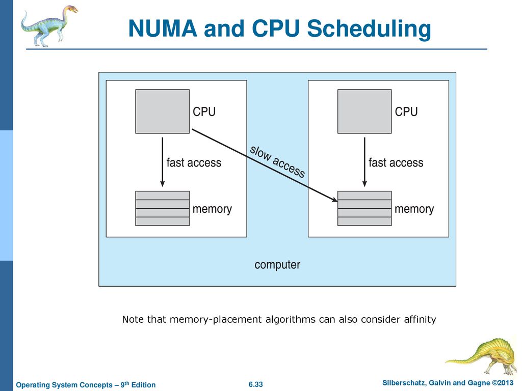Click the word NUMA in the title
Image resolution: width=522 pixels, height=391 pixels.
[163, 29]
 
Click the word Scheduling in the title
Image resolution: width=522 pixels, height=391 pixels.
[369, 29]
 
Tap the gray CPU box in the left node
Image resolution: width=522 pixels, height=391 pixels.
[163, 111]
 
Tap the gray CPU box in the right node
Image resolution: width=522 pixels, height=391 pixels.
[364, 111]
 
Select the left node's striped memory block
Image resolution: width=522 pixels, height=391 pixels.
[163, 208]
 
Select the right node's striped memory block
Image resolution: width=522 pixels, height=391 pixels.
[364, 208]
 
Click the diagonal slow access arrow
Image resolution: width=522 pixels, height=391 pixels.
[265, 165]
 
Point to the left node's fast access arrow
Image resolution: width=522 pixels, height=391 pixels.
[163, 162]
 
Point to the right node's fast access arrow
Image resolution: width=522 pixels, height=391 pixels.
[364, 162]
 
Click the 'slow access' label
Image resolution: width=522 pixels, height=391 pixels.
[277, 161]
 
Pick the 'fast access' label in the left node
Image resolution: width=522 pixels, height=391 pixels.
[194, 162]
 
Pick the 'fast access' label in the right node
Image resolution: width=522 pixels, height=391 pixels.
[396, 162]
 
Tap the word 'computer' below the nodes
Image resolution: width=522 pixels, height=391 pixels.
[277, 265]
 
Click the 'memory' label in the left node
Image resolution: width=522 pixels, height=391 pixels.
[212, 209]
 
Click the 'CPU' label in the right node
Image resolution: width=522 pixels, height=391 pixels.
[406, 111]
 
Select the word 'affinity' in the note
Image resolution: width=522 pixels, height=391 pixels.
[420, 320]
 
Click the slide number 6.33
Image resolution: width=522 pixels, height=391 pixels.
[256, 384]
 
